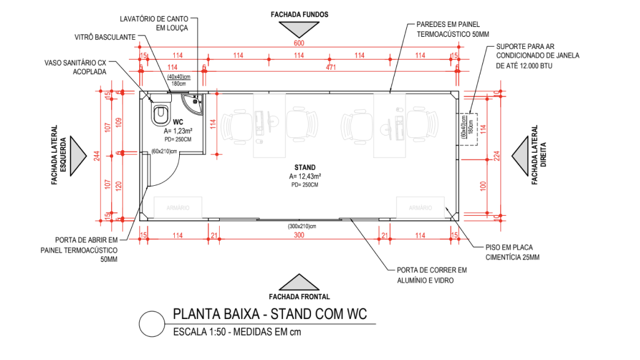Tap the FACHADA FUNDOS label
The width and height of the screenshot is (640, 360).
click(x=301, y=13)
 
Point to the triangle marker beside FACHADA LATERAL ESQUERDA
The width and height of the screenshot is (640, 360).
click(x=79, y=156)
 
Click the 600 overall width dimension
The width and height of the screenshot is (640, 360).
click(x=299, y=43)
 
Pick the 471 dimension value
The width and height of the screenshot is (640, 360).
click(x=331, y=67)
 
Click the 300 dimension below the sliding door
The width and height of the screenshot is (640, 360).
click(x=299, y=236)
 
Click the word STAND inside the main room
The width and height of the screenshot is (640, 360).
click(x=305, y=167)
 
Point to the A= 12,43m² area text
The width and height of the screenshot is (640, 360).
click(x=306, y=176)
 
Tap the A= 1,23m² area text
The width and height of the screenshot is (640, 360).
click(x=179, y=131)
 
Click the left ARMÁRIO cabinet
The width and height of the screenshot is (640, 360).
click(x=177, y=208)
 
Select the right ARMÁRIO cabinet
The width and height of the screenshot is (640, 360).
click(x=421, y=208)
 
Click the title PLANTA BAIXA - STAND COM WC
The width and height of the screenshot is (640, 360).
click(x=269, y=315)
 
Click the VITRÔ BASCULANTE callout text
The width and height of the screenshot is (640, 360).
click(x=105, y=37)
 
